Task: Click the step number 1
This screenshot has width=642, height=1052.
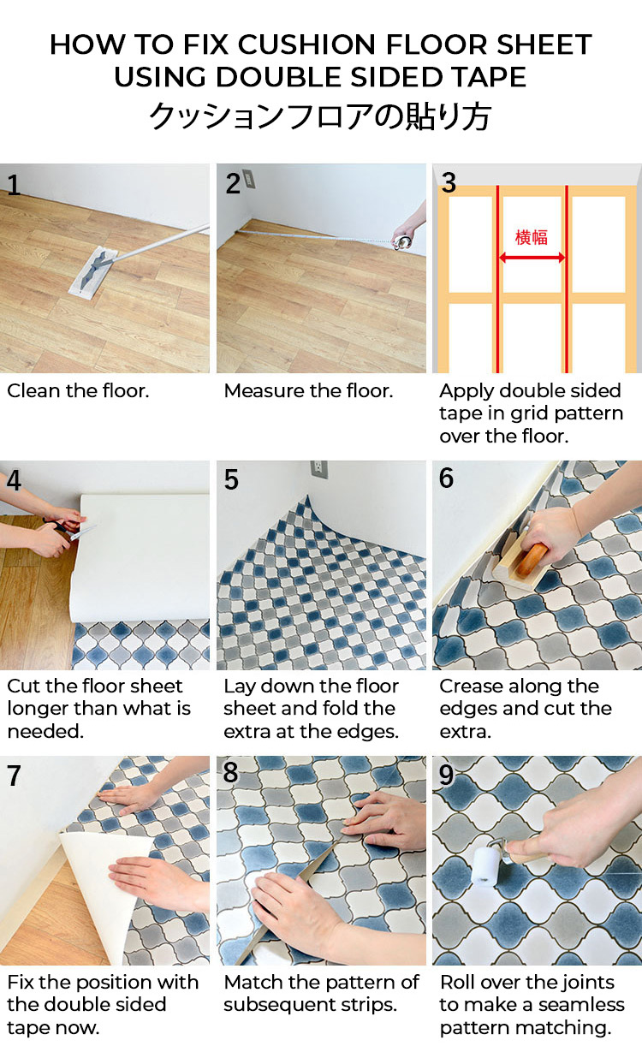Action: [x=14, y=185]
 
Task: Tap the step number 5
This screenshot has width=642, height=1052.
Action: [x=231, y=479]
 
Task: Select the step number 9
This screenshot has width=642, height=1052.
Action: [x=446, y=775]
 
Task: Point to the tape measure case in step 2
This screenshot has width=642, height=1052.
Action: [x=402, y=242]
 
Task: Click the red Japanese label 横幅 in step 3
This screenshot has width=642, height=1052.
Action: [x=532, y=237]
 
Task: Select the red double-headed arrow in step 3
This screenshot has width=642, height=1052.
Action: [x=532, y=258]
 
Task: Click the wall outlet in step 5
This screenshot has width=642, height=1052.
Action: [x=319, y=470]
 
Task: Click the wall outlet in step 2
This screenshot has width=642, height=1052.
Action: [x=248, y=178]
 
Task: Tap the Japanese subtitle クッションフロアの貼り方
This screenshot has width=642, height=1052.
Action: [x=320, y=116]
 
